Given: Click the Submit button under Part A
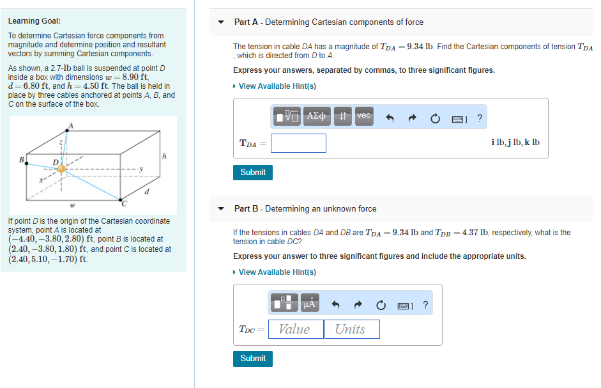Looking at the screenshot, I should pos(253,172).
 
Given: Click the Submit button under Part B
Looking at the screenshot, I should pos(253,359).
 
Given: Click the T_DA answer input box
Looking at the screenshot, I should pos(298,143).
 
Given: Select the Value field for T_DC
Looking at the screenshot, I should pos(294,329).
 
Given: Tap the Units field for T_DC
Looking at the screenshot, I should pos(351,329).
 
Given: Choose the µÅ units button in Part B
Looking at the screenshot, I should pos(309,305).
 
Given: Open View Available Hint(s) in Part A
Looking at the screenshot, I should pos(277,86).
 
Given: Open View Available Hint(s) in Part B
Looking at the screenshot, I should pos(277,272).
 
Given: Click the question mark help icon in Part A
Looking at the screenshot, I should pos(480,118).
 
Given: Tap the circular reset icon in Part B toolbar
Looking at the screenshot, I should pos(381,306).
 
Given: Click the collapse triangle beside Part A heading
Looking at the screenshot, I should pos(221,22).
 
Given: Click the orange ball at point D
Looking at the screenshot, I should pos(62,168).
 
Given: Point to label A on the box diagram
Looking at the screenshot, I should pos(71,125).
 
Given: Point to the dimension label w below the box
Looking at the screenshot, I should pos(72,206).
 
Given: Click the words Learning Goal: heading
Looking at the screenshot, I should pos(34,21).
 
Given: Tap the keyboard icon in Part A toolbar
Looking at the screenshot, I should pos(459,118).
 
